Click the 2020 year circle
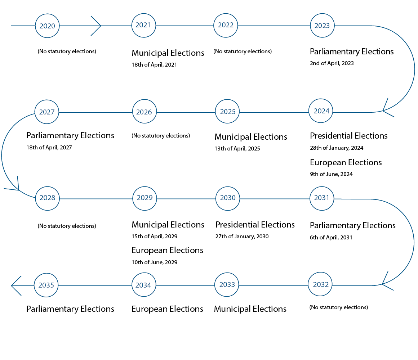(47, 26)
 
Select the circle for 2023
(322, 26)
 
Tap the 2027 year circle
(47, 112)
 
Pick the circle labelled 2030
(227, 198)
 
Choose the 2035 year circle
(46, 285)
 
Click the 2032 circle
(320, 285)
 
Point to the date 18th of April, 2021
(154, 65)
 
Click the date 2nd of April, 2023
(332, 63)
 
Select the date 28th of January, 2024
(337, 148)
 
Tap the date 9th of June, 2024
(331, 174)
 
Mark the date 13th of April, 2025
(237, 149)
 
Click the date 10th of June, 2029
(154, 262)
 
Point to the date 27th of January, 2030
(242, 237)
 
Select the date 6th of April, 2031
(331, 238)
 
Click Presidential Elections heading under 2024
(348, 136)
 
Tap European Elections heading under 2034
(167, 309)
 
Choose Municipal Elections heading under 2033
(250, 309)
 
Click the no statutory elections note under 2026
(161, 136)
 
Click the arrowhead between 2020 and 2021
(96, 26)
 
